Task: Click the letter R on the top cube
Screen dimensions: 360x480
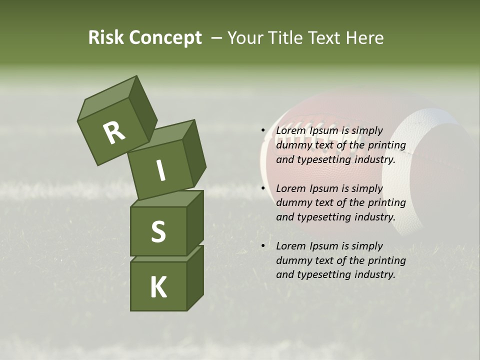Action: pyautogui.click(x=114, y=132)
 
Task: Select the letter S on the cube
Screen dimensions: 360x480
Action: pyautogui.click(x=158, y=231)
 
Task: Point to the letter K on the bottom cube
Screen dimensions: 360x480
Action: pyautogui.click(x=158, y=287)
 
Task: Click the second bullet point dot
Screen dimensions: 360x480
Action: pyautogui.click(x=263, y=188)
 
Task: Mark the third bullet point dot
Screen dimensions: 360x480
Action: pyautogui.click(x=263, y=246)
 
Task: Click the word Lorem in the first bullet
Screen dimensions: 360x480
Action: pyautogui.click(x=290, y=131)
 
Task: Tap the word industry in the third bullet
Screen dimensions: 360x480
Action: pyautogui.click(x=374, y=274)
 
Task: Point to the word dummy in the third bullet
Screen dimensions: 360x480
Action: pyautogui.click(x=292, y=260)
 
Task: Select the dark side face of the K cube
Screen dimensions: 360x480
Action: pyautogui.click(x=195, y=277)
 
